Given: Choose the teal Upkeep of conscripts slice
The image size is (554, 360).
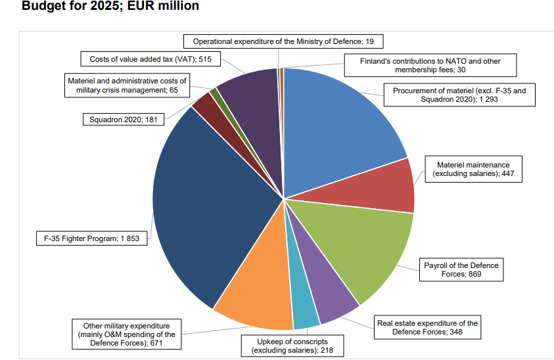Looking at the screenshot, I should tap(304, 305).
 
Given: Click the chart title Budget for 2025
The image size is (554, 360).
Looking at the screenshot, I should tap(110, 7).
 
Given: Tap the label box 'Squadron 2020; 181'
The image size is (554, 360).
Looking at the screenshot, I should tap(123, 120).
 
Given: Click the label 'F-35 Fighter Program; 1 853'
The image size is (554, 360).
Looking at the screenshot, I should tap(91, 238).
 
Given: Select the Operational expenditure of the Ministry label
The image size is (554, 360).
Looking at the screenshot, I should tap(283, 41).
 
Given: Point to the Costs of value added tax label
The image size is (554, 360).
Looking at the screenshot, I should tap(150, 59).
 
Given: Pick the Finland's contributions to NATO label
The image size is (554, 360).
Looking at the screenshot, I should tap(430, 65).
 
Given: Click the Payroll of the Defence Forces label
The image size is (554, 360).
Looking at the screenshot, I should tap(461, 269).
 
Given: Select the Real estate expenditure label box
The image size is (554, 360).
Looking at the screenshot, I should tap(427, 327).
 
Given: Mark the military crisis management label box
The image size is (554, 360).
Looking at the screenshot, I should tap(127, 85).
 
